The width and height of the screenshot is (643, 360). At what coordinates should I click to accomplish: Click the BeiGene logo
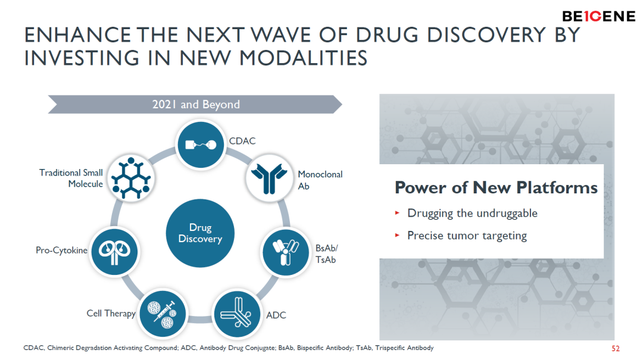pyautogui.click(x=598, y=17)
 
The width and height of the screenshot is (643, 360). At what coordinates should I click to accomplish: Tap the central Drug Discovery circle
pyautogui.click(x=200, y=233)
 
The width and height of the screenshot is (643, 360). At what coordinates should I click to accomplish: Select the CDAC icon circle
pyautogui.click(x=201, y=145)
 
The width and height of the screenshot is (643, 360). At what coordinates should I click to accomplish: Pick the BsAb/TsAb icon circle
pyautogui.click(x=285, y=252)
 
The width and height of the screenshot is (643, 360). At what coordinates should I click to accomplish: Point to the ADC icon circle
pyautogui.click(x=237, y=314)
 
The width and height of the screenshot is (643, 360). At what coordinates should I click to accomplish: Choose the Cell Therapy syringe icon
pyautogui.click(x=163, y=314)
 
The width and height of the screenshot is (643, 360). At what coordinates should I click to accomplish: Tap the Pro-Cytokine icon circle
pyautogui.click(x=115, y=251)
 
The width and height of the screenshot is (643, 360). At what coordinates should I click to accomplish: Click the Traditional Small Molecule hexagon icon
pyautogui.click(x=131, y=178)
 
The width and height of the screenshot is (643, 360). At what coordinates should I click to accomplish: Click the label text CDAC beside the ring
pyautogui.click(x=242, y=141)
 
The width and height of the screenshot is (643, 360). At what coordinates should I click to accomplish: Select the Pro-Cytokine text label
pyautogui.click(x=61, y=250)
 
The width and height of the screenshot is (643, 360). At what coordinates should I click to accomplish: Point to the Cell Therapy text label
pyautogui.click(x=111, y=314)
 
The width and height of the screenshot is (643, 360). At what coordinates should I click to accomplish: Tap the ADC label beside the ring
pyautogui.click(x=276, y=315)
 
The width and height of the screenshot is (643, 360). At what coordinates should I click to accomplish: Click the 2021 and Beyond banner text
pyautogui.click(x=196, y=105)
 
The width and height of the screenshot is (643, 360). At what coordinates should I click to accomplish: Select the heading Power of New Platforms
pyautogui.click(x=496, y=187)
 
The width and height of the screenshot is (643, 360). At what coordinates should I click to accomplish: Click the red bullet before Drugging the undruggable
pyautogui.click(x=397, y=213)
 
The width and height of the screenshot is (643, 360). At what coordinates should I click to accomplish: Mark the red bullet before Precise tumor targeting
pyautogui.click(x=397, y=236)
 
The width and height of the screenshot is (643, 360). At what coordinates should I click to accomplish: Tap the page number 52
pyautogui.click(x=616, y=349)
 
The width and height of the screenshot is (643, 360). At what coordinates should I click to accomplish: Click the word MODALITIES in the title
pyautogui.click(x=304, y=58)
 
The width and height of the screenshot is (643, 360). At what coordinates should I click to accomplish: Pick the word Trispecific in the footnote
pyautogui.click(x=389, y=348)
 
